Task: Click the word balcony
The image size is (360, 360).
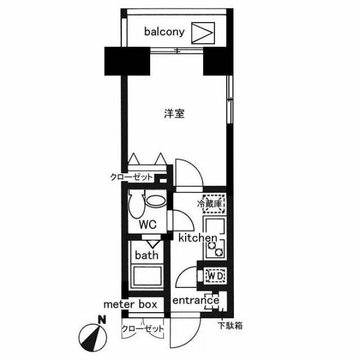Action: (164, 32)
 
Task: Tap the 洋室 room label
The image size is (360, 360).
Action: (174, 114)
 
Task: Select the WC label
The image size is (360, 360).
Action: (147, 224)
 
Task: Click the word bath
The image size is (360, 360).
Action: (146, 255)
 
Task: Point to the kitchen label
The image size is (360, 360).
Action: (197, 238)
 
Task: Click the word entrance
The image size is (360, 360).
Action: (196, 300)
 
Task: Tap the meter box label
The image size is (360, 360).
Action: (130, 304)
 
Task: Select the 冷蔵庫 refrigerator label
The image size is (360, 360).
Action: (210, 204)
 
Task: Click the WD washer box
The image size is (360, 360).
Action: (215, 276)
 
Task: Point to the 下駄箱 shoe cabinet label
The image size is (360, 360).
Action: (230, 326)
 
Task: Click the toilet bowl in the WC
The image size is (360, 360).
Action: (137, 204)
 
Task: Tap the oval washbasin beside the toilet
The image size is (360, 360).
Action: (156, 201)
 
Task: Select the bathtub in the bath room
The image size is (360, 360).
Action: (147, 276)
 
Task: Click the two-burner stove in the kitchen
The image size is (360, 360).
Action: (215, 249)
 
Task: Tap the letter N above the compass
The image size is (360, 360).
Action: (101, 319)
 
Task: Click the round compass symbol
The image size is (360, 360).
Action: (92, 337)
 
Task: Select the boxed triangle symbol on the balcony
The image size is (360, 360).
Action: (203, 33)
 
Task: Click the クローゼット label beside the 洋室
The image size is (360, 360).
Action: (131, 177)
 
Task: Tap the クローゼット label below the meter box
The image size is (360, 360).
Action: (143, 328)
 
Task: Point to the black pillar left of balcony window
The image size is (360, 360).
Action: (127, 61)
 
